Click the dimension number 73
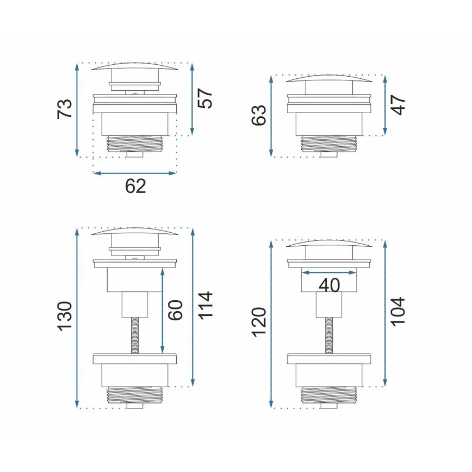(x=65, y=109)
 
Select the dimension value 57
(x=205, y=98)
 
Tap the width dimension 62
(x=135, y=186)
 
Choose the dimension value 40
(x=329, y=284)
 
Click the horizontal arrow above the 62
(x=135, y=173)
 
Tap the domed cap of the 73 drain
(x=135, y=67)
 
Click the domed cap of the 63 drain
(x=328, y=79)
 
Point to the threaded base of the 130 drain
(x=135, y=394)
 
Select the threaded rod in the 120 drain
(x=329, y=335)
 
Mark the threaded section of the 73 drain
(x=135, y=143)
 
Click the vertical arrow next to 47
(x=385, y=105)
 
